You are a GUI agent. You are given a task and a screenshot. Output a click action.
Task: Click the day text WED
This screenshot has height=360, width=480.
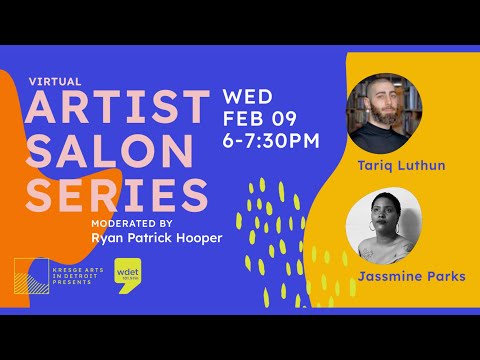248,98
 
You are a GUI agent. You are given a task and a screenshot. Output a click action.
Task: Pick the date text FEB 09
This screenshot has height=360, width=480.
261,119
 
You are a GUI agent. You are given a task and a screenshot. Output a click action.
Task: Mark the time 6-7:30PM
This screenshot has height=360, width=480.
273,140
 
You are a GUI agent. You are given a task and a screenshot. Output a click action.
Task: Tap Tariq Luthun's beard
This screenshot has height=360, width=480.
379,124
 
